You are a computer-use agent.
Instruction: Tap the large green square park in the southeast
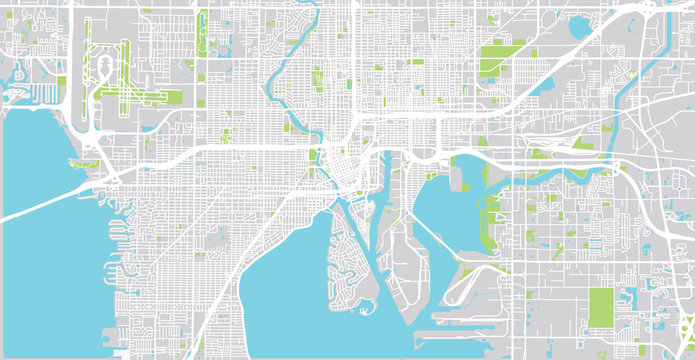[x=602, y=307]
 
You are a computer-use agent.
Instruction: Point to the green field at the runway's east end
[x=170, y=97]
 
